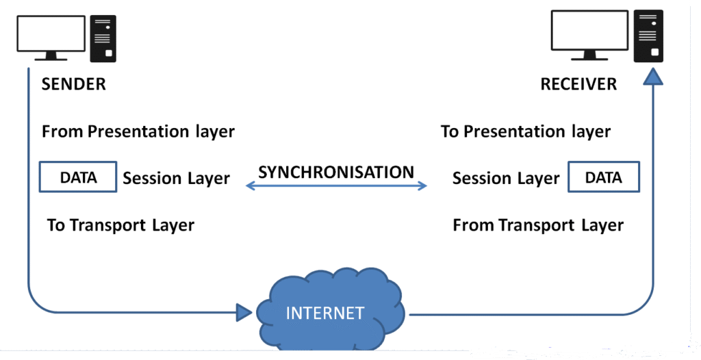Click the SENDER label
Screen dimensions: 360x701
tap(74, 85)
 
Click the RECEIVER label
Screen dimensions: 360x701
tap(578, 85)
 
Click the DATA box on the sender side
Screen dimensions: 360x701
tap(78, 178)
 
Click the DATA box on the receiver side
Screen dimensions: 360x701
tap(604, 178)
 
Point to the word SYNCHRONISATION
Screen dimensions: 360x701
tap(336, 172)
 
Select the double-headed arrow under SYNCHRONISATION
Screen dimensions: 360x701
tap(336, 185)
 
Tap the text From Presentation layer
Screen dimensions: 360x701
tap(138, 131)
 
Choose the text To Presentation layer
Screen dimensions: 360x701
tap(525, 131)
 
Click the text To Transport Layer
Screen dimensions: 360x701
tap(120, 225)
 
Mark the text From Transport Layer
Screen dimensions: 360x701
tap(538, 225)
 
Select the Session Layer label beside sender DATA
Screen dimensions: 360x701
tap(176, 179)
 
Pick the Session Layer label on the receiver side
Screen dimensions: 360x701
tap(506, 179)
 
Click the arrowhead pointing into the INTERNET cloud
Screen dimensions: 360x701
tap(244, 313)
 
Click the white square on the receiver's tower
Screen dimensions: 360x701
tap(654, 52)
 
